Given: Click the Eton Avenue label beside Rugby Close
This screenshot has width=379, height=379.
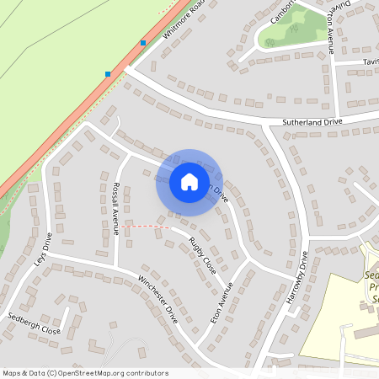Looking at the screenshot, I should tap(220, 303).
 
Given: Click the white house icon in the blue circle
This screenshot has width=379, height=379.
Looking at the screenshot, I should tap(189, 182).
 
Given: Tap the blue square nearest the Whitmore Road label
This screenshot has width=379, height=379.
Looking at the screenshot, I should tap(143, 42).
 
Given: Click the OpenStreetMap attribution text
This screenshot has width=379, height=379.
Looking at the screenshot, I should tap(84, 373).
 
